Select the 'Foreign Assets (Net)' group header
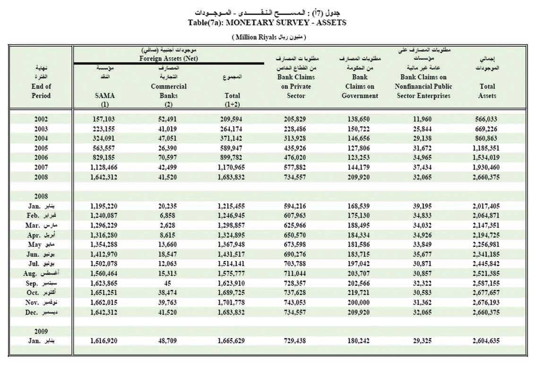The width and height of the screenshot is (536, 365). pyautogui.click(x=169, y=59)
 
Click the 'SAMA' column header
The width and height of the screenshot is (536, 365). pyautogui.click(x=105, y=96)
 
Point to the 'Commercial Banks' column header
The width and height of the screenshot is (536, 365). pyautogui.click(x=169, y=91)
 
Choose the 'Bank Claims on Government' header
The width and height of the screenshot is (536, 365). pyautogui.click(x=360, y=86)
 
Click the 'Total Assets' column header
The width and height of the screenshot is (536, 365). pyautogui.click(x=486, y=91)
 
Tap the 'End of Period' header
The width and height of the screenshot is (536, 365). pyautogui.click(x=41, y=91)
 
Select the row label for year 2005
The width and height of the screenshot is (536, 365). pyautogui.click(x=41, y=148)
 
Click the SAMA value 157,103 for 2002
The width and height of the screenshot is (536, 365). pyautogui.click(x=103, y=120)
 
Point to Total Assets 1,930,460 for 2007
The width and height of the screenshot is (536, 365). pyautogui.click(x=486, y=167)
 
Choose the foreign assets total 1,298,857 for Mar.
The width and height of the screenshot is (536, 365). pyautogui.click(x=232, y=225)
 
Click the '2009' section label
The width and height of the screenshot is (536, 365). pyautogui.click(x=41, y=331)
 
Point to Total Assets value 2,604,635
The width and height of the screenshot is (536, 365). pyautogui.click(x=486, y=340)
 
